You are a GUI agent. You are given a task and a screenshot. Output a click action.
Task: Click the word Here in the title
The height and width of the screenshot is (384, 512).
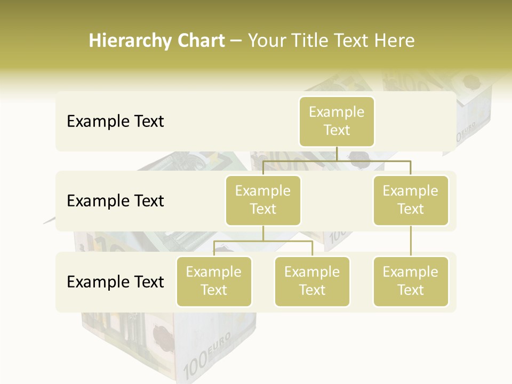pyautogui.click(x=395, y=41)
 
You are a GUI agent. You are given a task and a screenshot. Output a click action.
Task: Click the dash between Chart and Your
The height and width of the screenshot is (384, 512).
pyautogui.click(x=236, y=42)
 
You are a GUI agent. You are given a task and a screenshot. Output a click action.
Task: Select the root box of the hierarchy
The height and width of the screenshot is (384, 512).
pyautogui.click(x=337, y=121)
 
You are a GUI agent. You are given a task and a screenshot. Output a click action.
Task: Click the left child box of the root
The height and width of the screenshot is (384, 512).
pyautogui.click(x=263, y=200)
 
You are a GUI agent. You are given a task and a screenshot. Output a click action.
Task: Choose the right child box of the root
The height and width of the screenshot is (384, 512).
pyautogui.click(x=411, y=200)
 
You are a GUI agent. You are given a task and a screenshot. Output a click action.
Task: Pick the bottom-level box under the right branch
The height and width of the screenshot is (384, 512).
pyautogui.click(x=411, y=281)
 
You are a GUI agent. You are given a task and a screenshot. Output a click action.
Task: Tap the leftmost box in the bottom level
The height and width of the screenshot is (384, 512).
pyautogui.click(x=214, y=281)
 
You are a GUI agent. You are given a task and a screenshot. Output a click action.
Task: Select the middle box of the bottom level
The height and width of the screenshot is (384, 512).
pyautogui.click(x=312, y=281)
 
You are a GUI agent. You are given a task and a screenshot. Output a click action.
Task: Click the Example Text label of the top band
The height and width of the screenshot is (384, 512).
pyautogui.click(x=115, y=122)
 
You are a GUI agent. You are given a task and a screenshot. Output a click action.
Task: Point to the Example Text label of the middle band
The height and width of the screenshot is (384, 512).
pyautogui.click(x=115, y=201)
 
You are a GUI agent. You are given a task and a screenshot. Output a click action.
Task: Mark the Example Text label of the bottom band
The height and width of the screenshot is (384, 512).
pyautogui.click(x=115, y=282)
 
